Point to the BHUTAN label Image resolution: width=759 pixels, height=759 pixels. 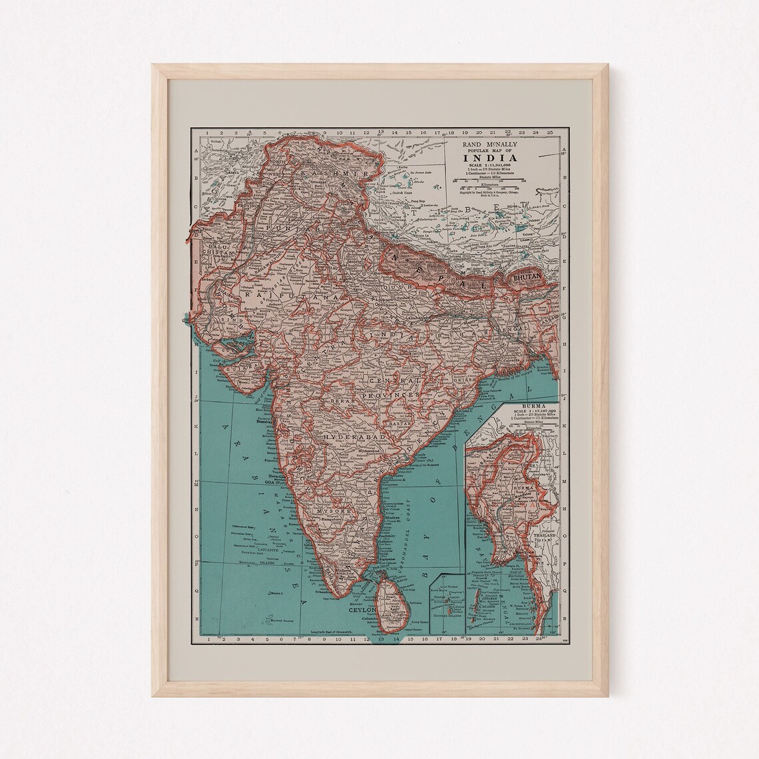(525, 274)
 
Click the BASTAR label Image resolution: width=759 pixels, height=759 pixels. (399, 423)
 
